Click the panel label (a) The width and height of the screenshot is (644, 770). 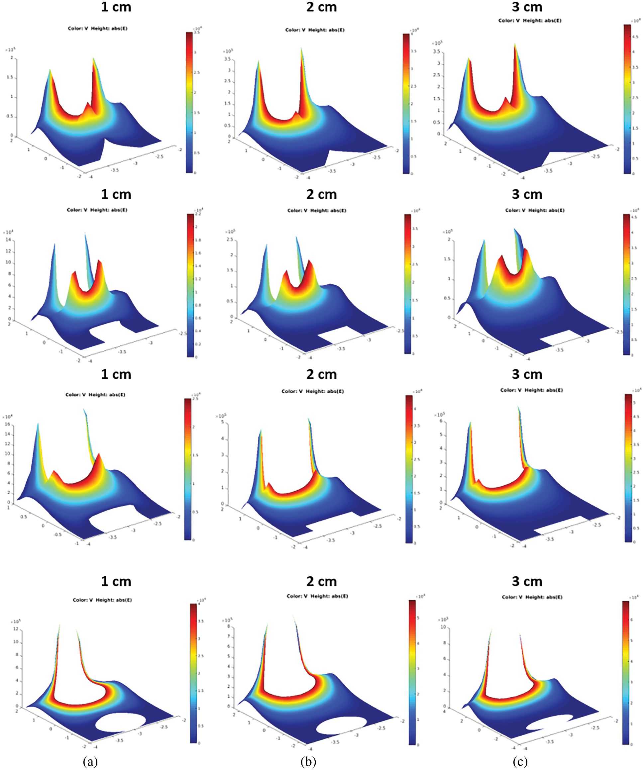tap(90, 762)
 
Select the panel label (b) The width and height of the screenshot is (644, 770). tap(308, 762)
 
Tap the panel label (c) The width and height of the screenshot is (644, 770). tap(520, 762)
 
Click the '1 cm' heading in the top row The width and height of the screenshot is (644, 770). tap(116, 7)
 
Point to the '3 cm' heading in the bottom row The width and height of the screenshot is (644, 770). tap(527, 582)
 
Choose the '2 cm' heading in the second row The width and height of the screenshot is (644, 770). tap(322, 194)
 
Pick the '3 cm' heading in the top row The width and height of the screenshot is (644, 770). tap(527, 7)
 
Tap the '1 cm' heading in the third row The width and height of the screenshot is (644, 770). tap(116, 374)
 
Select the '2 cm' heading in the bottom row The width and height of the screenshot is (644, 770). tap(322, 582)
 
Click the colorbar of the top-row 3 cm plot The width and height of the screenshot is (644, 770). tap(627, 99)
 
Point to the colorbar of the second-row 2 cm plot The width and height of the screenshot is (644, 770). tap(408, 284)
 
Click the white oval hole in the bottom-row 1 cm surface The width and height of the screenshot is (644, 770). tap(120, 723)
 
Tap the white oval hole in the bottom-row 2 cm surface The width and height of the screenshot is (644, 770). tap(341, 726)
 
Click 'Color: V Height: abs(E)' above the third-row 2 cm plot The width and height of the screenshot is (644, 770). tap(312, 391)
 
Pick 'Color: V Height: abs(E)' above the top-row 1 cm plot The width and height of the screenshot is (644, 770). tap(98, 28)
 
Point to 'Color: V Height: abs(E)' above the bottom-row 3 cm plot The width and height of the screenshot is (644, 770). tap(532, 597)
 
